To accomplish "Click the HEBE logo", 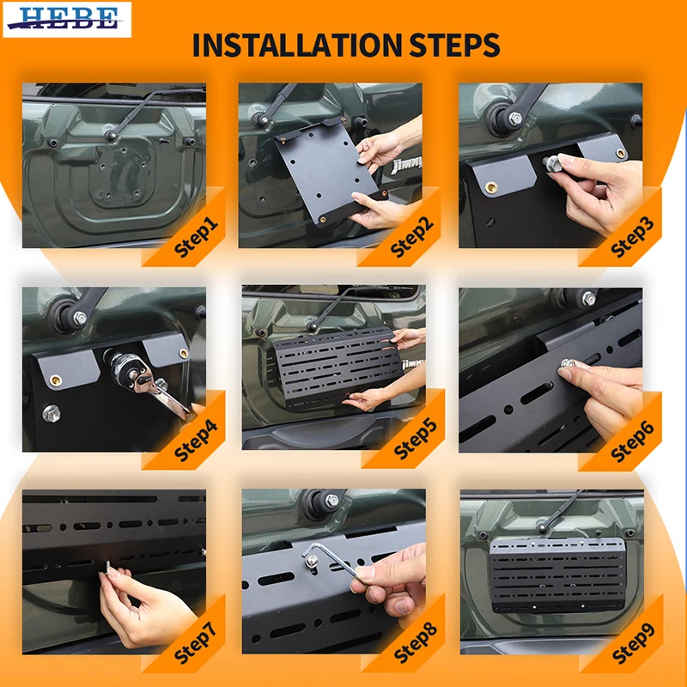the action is (67, 19).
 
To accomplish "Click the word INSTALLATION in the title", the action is (296, 45).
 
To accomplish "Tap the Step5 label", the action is (416, 439).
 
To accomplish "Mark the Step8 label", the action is (416, 643).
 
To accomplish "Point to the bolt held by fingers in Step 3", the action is (553, 164).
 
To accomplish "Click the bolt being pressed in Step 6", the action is (568, 363).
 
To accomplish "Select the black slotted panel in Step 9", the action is (557, 575).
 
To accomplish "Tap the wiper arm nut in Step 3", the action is (515, 119).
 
